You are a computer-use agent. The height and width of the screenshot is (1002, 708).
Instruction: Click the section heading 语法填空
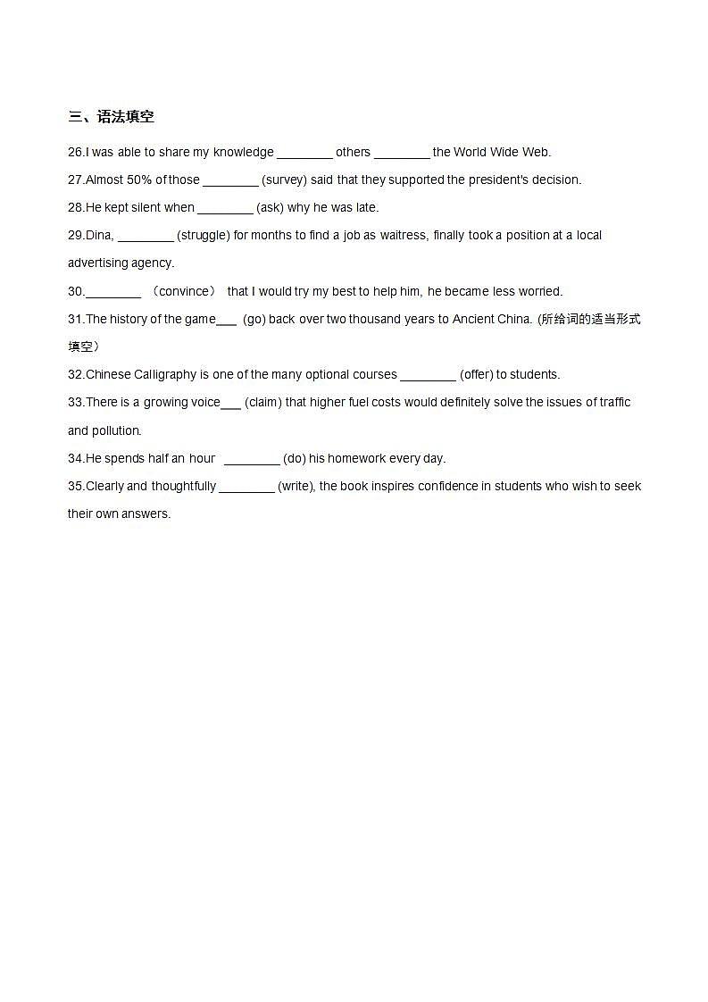click(x=125, y=117)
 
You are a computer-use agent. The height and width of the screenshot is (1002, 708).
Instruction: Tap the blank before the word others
click(x=304, y=153)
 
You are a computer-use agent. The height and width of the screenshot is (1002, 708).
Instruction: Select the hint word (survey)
click(x=284, y=180)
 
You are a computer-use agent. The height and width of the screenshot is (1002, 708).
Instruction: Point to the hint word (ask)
click(x=270, y=207)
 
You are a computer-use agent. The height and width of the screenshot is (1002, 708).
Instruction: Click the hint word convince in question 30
click(x=187, y=291)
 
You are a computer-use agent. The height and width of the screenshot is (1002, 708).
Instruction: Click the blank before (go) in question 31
click(x=227, y=320)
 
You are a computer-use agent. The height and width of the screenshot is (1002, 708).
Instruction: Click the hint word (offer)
click(x=476, y=374)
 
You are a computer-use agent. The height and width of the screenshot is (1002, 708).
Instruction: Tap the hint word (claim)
click(x=263, y=402)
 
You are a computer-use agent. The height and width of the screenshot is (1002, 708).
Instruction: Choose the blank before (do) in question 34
click(x=252, y=459)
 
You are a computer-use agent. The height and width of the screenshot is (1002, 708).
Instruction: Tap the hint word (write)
click(x=296, y=486)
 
